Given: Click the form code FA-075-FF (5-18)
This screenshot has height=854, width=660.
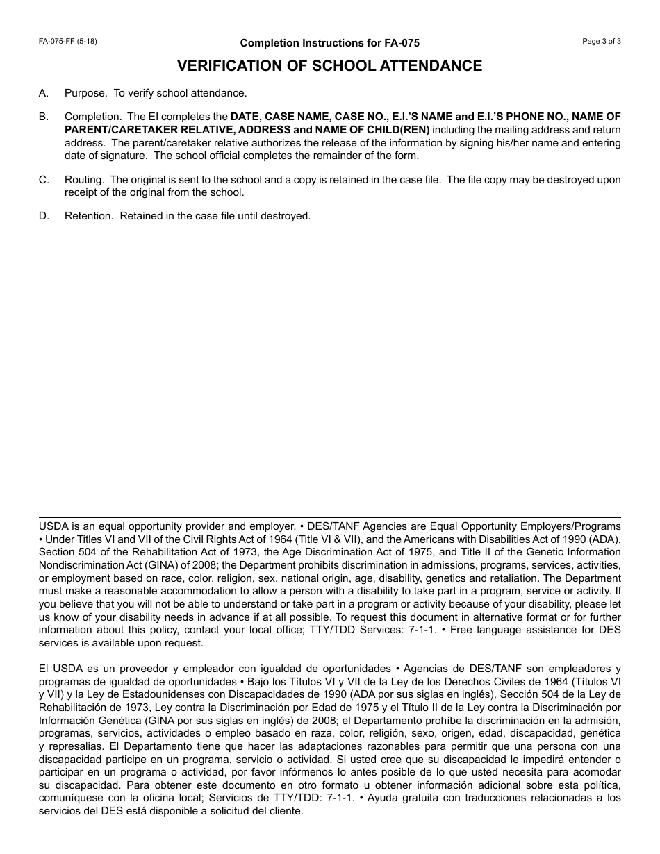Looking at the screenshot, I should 68,41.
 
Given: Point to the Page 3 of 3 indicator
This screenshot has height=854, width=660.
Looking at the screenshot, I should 602,41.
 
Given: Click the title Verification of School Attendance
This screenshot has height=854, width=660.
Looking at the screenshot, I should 329,66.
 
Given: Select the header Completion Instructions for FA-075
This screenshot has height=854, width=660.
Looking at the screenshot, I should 329,43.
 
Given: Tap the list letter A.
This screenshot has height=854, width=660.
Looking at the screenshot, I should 44,93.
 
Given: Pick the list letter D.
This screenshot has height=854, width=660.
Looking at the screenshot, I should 44,216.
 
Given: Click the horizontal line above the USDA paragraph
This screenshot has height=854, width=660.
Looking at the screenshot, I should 329,517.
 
